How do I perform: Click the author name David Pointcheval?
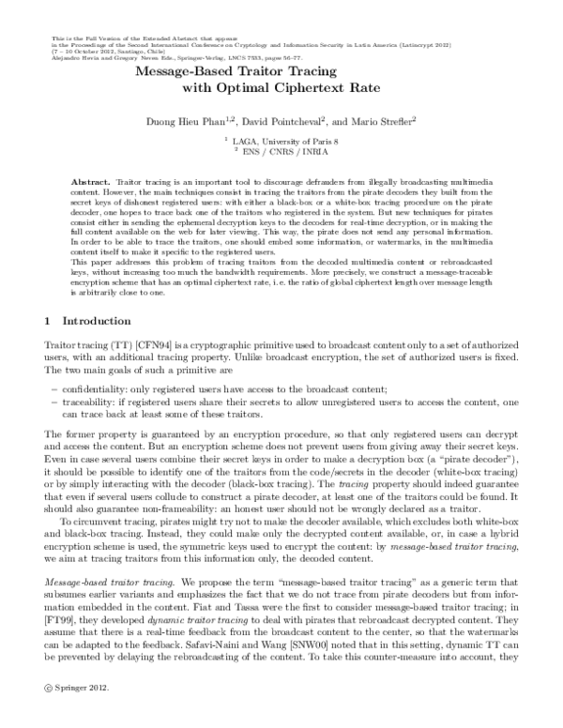click(x=288, y=121)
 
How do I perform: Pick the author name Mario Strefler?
click(x=376, y=121)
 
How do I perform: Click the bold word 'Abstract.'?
click(x=92, y=178)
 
